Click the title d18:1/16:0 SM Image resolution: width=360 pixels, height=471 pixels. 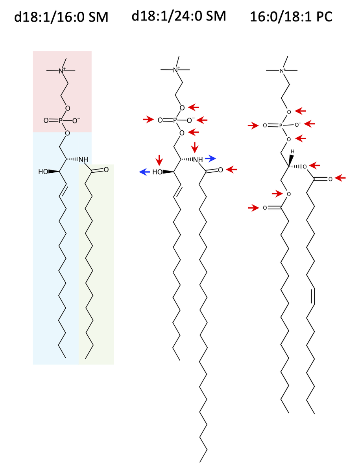pyautogui.click(x=61, y=18)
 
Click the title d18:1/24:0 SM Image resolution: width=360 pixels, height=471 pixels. pyautogui.click(x=179, y=16)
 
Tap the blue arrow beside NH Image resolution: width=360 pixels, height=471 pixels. pyautogui.click(x=210, y=158)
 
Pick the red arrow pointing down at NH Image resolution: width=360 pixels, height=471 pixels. pyautogui.click(x=195, y=147)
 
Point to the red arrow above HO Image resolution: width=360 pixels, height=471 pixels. pyautogui.click(x=159, y=160)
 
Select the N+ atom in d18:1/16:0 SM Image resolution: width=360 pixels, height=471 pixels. pyautogui.click(x=61, y=71)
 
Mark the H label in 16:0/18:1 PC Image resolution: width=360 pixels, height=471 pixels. pyautogui.click(x=292, y=151)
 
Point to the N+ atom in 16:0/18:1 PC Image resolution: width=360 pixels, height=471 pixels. pyautogui.click(x=282, y=71)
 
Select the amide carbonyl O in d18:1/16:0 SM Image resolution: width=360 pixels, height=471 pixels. pyautogui.click(x=106, y=170)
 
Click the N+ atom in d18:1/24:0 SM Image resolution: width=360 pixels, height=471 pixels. pyautogui.click(x=175, y=70)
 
